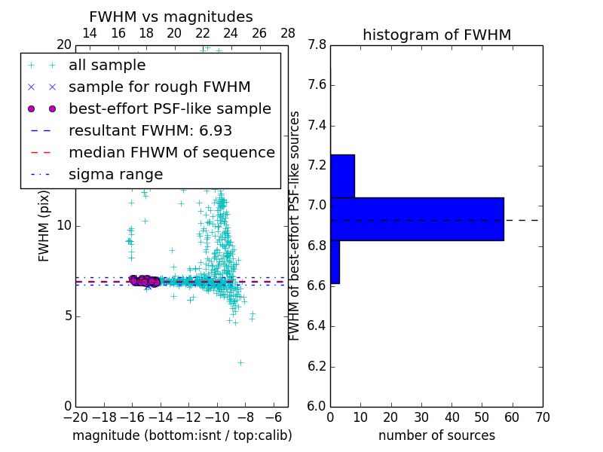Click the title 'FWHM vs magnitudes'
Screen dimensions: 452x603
[x=171, y=17]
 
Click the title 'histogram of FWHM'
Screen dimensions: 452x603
[x=436, y=35]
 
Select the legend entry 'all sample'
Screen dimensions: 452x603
[x=107, y=66]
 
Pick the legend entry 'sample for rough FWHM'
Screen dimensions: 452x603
[x=159, y=87]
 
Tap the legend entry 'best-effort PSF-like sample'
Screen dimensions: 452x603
[x=170, y=109]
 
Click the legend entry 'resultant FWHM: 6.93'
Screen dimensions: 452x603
[x=150, y=131]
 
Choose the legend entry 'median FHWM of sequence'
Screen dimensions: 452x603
[x=171, y=153]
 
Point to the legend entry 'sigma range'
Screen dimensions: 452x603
[x=115, y=175]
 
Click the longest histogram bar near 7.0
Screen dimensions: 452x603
[x=417, y=219]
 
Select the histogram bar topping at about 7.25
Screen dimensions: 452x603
[x=342, y=176]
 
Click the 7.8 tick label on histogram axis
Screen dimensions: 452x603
[x=317, y=45]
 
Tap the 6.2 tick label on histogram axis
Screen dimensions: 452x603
[x=317, y=366]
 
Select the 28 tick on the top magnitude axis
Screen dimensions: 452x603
[x=288, y=33]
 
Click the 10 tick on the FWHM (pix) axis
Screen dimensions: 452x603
[x=64, y=226]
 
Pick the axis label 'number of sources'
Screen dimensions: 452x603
[x=436, y=435]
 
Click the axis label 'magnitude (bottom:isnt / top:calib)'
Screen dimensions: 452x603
[x=182, y=435]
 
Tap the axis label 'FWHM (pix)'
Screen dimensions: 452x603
[x=44, y=226]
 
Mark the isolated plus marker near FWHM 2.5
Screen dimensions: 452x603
[x=240, y=362]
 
